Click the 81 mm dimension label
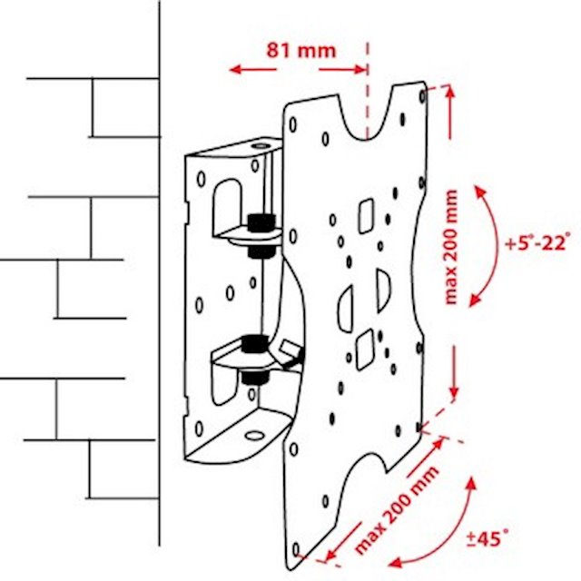click(301, 51)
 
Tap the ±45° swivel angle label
click(487, 538)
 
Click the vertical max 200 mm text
click(451, 247)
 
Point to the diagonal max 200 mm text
click(397, 509)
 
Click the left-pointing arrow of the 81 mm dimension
click(252, 69)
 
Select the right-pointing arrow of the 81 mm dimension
click(343, 69)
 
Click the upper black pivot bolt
click(261, 235)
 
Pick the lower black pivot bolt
click(254, 359)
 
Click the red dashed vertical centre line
click(368, 91)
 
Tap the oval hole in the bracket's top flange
click(261, 145)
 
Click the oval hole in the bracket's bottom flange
click(255, 436)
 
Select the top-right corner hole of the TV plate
click(422, 96)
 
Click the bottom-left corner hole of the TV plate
click(295, 549)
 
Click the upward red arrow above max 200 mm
click(450, 112)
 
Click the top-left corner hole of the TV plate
click(292, 125)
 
